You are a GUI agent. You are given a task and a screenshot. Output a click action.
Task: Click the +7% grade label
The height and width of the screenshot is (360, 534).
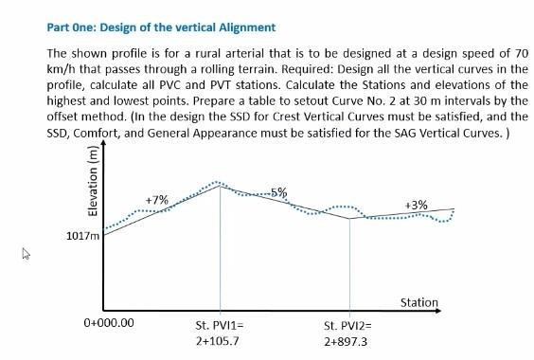coord(156,200)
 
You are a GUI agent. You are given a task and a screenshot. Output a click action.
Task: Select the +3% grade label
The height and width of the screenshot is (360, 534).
coord(416,204)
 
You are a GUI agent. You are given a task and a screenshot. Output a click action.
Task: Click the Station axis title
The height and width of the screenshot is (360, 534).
coord(419,303)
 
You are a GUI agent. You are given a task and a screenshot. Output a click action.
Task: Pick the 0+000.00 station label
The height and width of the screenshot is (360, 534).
coord(109,323)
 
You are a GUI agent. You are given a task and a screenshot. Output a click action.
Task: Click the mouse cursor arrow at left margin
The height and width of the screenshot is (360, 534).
coord(26,253)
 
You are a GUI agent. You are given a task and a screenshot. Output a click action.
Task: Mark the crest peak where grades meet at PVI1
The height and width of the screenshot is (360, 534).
coord(220,186)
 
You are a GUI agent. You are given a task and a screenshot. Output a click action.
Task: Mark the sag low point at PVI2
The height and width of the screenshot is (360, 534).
coord(350,219)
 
